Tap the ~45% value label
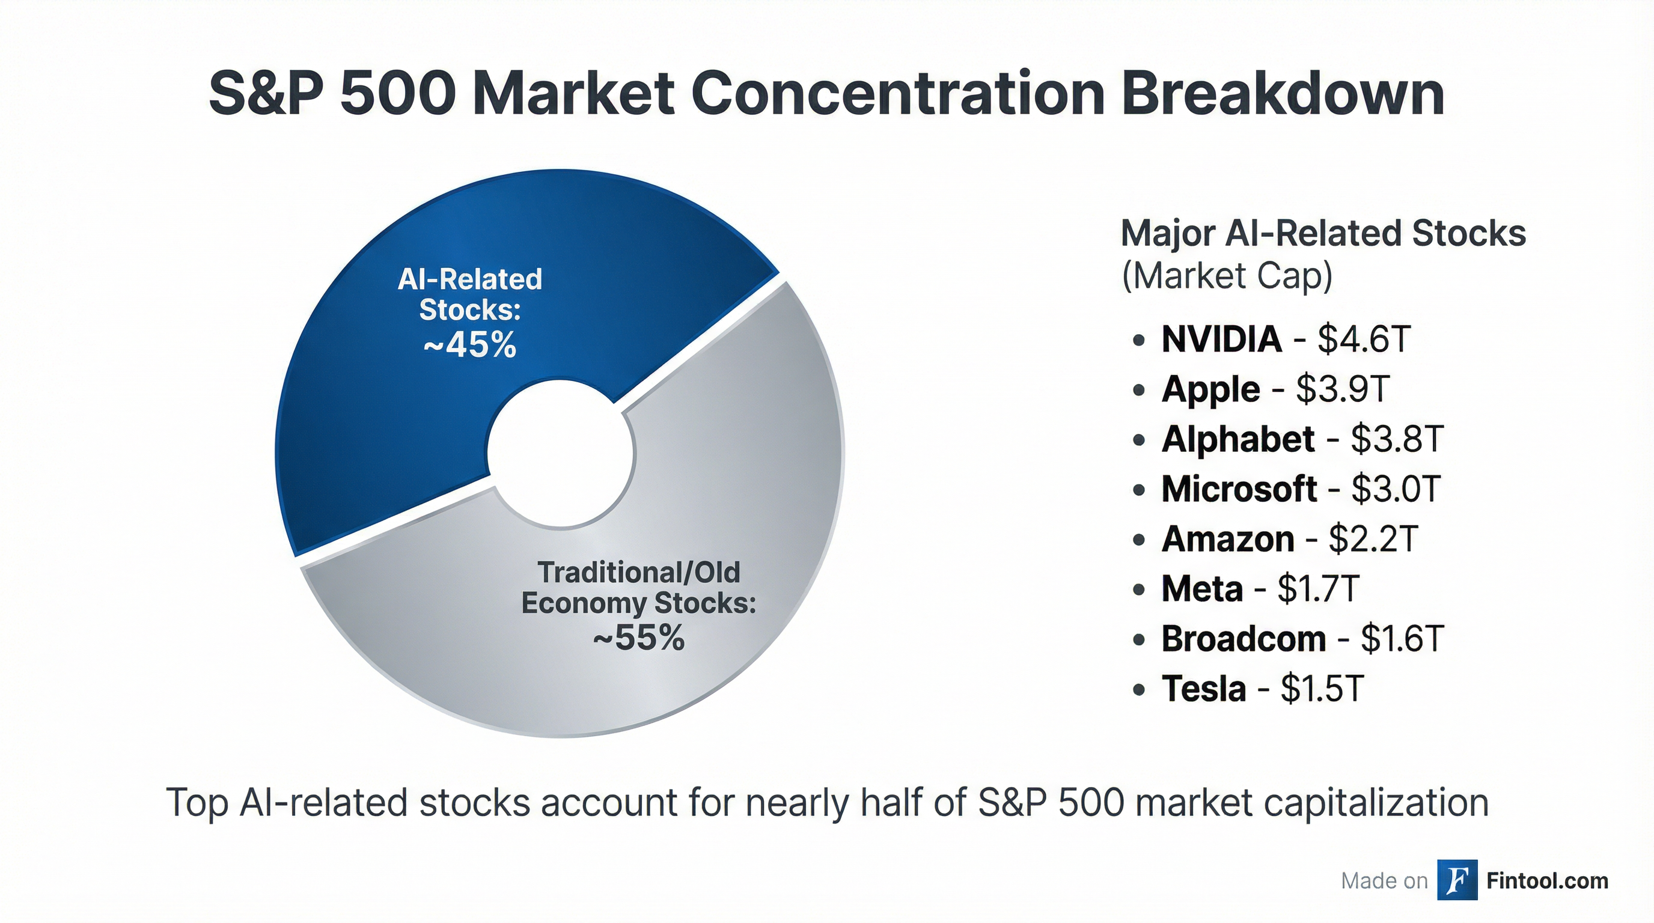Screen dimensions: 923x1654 (470, 346)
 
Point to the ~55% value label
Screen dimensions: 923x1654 (639, 638)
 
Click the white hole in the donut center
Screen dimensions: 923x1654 (560, 453)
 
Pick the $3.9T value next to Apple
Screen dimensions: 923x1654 (1343, 389)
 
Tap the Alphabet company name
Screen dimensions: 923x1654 (1238, 439)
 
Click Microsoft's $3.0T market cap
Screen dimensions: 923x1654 (1396, 489)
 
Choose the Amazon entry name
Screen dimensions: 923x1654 (1228, 538)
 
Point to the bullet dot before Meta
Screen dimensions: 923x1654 (1139, 589)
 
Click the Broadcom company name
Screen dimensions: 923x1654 (1244, 639)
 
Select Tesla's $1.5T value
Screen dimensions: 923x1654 (1322, 689)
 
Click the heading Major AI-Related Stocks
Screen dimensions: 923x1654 (1323, 233)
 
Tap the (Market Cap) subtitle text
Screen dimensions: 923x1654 (1226, 276)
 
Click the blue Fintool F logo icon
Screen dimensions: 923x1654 (1457, 880)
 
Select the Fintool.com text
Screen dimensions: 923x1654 (1547, 881)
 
